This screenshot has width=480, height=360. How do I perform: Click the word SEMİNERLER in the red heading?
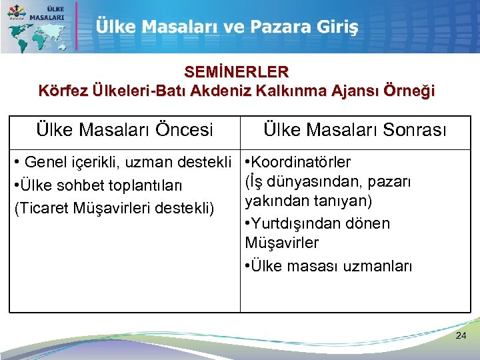click(x=237, y=71)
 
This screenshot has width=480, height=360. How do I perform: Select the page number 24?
click(x=461, y=336)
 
